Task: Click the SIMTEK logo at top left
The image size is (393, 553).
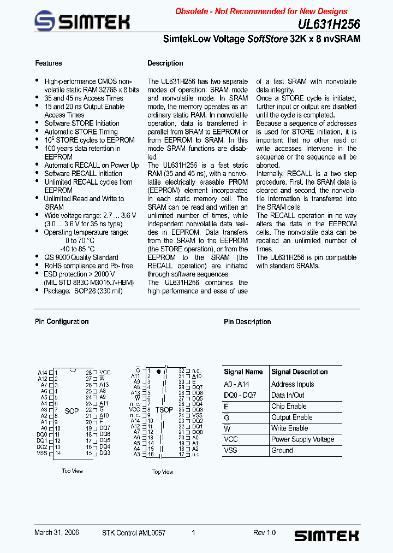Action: pyautogui.click(x=82, y=22)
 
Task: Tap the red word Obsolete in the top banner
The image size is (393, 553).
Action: pyautogui.click(x=192, y=11)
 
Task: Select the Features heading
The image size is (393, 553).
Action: pyautogui.click(x=49, y=63)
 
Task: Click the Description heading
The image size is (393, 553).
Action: pyautogui.click(x=165, y=63)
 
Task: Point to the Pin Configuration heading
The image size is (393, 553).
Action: pyautogui.click(x=62, y=322)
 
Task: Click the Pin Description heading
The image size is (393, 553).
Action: pyautogui.click(x=247, y=322)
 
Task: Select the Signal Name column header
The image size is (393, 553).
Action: pyautogui.click(x=243, y=372)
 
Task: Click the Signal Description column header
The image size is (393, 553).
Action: pyautogui.click(x=300, y=372)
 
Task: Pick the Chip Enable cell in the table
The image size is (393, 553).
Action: pyautogui.click(x=289, y=407)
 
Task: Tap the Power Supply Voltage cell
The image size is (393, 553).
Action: pyautogui.click(x=302, y=439)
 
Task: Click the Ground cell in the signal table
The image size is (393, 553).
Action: pyautogui.click(x=282, y=451)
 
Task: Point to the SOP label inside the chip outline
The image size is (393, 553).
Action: pyautogui.click(x=72, y=411)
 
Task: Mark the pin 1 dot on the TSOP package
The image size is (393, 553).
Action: pyautogui.click(x=159, y=372)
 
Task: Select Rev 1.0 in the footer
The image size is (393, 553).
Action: pyautogui.click(x=265, y=533)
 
